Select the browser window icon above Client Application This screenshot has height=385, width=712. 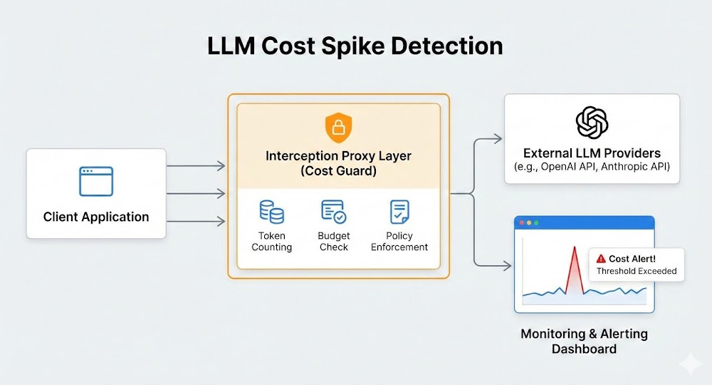[96, 181]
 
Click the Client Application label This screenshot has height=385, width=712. [96, 217]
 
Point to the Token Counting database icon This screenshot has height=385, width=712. [271, 212]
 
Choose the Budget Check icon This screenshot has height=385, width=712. [333, 212]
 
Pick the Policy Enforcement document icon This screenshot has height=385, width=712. [399, 212]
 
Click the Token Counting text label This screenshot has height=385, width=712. [271, 241]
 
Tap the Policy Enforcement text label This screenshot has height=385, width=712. [399, 241]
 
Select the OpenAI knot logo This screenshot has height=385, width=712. [592, 122]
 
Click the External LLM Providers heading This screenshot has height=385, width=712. [592, 153]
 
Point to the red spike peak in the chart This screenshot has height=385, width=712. [573, 247]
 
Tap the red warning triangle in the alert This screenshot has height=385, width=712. [601, 259]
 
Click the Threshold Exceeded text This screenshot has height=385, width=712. [636, 271]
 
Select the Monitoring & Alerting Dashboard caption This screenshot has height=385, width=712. [584, 341]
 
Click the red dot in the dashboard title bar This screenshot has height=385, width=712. [522, 223]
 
